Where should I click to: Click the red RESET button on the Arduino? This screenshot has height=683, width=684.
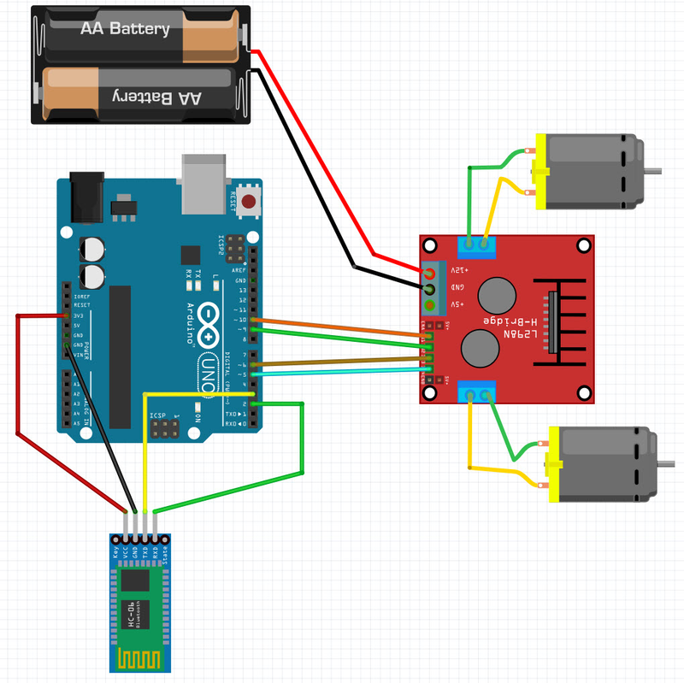[x=249, y=203]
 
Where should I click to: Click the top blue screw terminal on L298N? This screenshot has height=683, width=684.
[x=477, y=246]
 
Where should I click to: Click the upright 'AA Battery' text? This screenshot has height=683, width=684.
[x=125, y=29]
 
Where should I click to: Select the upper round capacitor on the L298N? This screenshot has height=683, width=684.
[x=496, y=295]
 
